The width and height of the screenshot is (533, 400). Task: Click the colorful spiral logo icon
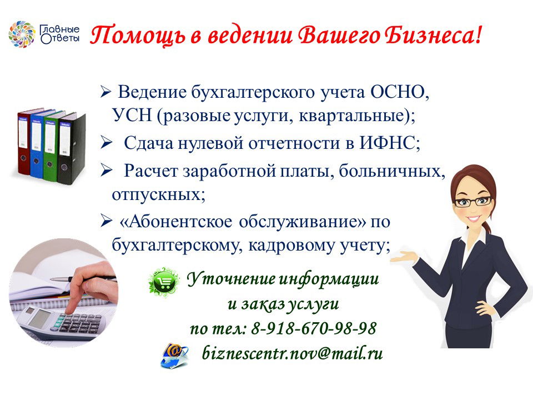point(22,34)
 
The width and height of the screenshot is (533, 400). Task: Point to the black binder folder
point(71,148)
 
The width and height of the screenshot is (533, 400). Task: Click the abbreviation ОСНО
point(397,92)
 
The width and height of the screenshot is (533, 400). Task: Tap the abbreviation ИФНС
point(387,143)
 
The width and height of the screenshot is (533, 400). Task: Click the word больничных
point(391,171)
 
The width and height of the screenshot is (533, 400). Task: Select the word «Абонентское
point(176,222)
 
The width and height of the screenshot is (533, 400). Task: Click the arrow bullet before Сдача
point(106,143)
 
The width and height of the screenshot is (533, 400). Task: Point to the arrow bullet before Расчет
point(106,171)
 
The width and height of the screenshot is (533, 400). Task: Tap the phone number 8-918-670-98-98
point(314,328)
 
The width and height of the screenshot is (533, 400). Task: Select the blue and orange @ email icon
point(174,356)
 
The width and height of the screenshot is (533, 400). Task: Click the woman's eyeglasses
point(473,202)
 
